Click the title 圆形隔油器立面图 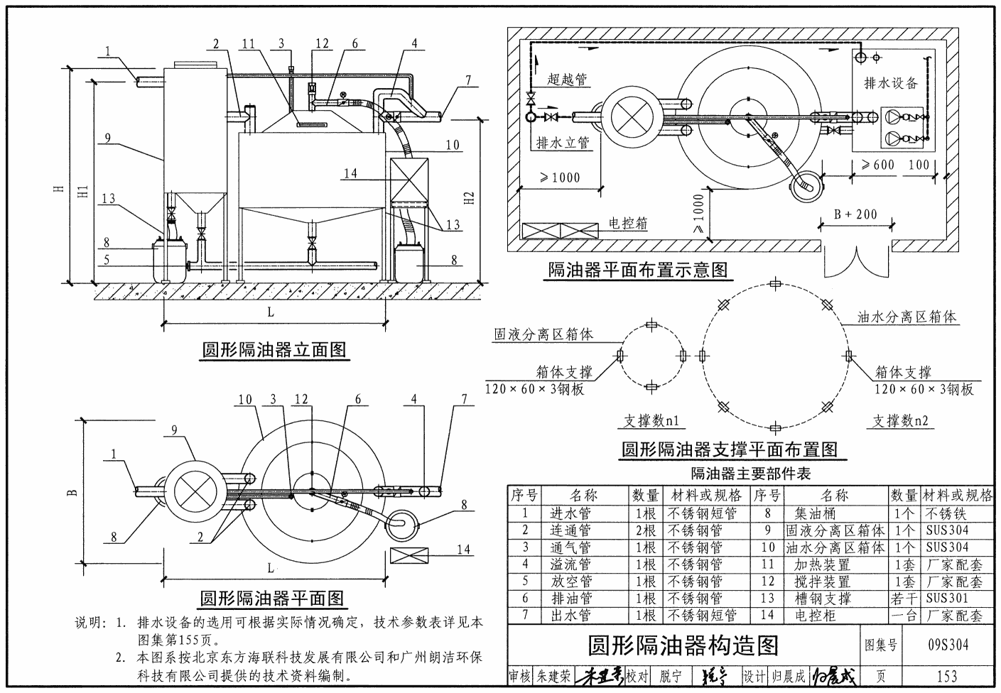click(x=274, y=350)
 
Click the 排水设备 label click(x=891, y=83)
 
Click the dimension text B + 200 click(x=855, y=214)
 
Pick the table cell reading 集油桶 click(x=815, y=513)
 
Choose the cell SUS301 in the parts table click(x=947, y=599)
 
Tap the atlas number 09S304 click(x=948, y=645)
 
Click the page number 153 click(x=947, y=677)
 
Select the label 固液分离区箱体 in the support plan click(x=543, y=334)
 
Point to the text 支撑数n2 click(x=900, y=421)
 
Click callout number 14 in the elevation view click(x=350, y=173)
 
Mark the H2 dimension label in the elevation click(x=469, y=199)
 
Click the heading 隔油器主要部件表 click(x=750, y=473)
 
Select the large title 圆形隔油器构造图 click(x=683, y=645)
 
